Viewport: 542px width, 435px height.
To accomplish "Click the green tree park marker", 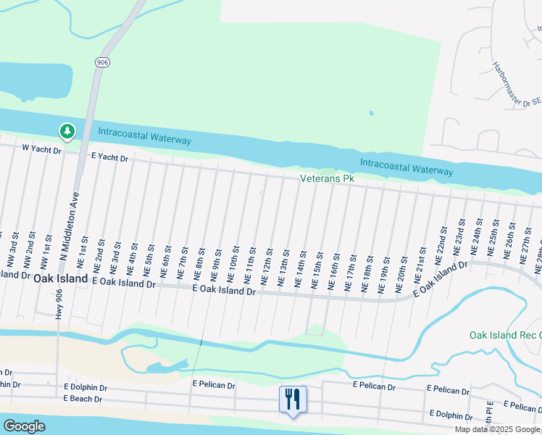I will (x=67, y=131).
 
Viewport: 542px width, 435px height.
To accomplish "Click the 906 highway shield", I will (x=101, y=63).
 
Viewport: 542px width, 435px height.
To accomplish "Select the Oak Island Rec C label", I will (x=504, y=335).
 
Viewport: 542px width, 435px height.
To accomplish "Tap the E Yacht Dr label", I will (x=109, y=157).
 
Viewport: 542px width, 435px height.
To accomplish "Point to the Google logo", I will (x=25, y=426).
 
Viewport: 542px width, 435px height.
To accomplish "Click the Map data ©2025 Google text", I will (x=497, y=429).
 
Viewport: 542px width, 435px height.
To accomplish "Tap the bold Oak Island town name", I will (x=61, y=278).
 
